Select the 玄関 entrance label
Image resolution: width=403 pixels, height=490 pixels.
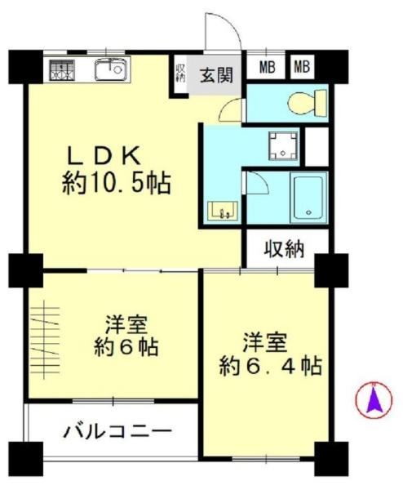[216, 75]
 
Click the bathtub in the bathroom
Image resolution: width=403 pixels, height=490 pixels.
[308, 198]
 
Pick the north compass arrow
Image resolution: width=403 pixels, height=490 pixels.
[374, 401]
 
